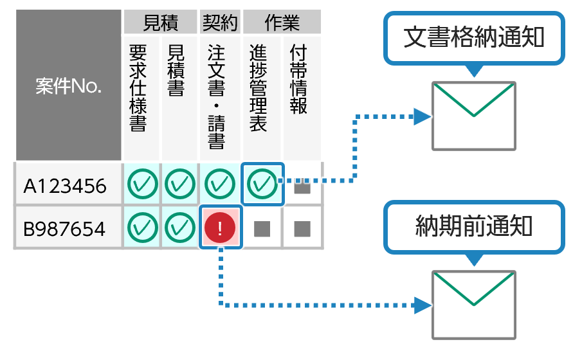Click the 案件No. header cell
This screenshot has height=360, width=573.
coord(68,86)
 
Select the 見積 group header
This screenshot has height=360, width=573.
coord(159,23)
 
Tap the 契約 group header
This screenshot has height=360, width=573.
coord(220,23)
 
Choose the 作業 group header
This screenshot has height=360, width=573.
coord(282,23)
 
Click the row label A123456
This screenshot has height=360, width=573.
coord(66,186)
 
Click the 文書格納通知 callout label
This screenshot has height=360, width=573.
coord(474,37)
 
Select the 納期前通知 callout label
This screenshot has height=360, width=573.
coord(474,226)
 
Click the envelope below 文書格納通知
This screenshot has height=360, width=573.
coord(474,115)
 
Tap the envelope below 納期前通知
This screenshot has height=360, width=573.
coord(474,304)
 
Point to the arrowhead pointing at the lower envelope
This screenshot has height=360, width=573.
coord(422,304)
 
